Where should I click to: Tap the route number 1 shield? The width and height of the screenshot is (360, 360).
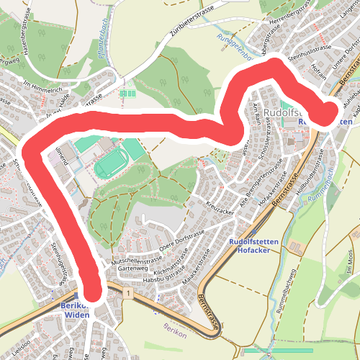[x=127, y=294]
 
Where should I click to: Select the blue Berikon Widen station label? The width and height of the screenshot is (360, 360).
[x=76, y=310]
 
